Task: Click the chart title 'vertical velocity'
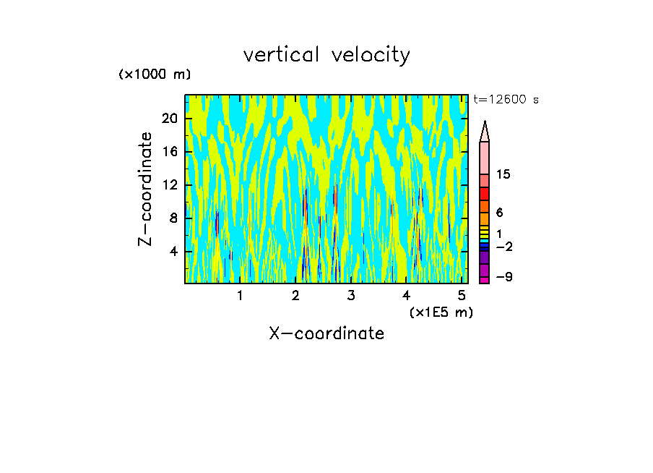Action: pos(326,55)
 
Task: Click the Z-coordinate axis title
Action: pos(146,189)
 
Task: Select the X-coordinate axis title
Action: pos(326,333)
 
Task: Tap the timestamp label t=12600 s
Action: pos(506,100)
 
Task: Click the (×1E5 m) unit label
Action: pos(441,312)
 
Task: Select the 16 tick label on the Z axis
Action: pos(168,152)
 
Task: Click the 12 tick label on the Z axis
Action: pos(168,185)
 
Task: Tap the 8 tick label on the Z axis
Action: pos(173,218)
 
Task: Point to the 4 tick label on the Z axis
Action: pos(173,252)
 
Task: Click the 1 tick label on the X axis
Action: pos(240,296)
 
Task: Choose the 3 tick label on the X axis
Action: pos(351,296)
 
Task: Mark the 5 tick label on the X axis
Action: pos(462,296)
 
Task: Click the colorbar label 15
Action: pos(503,174)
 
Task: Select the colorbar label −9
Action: pos(503,278)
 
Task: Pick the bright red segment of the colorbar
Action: pos(485,194)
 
